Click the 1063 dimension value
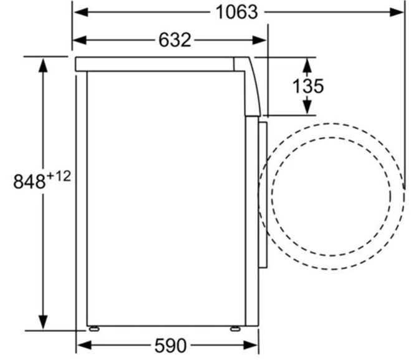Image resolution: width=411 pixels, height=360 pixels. [x=236, y=12]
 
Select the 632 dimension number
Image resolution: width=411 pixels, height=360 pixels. [x=175, y=40]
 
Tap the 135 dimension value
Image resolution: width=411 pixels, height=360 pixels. [x=307, y=86]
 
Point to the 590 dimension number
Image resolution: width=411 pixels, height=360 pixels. [x=170, y=346]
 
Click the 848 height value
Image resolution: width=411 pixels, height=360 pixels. [x=29, y=182]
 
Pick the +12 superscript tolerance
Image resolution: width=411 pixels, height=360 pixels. [x=59, y=176]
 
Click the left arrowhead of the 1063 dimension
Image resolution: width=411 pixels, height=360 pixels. [x=80, y=12]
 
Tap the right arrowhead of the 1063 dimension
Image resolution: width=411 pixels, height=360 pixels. [x=397, y=12]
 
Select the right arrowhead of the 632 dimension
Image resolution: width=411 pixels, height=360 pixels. [x=259, y=40]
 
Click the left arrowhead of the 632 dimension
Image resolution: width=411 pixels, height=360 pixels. [x=79, y=40]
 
